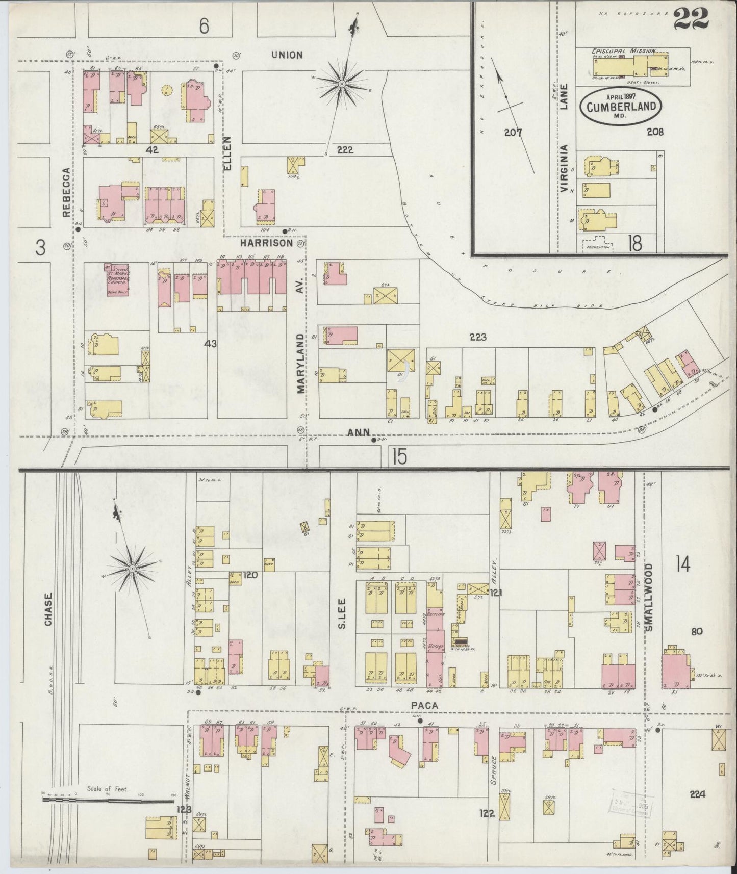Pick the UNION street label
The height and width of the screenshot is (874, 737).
click(x=287, y=55)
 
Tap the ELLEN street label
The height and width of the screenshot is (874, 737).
click(x=227, y=153)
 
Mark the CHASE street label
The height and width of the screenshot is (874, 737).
click(x=48, y=609)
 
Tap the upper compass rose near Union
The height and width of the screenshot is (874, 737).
click(x=342, y=83)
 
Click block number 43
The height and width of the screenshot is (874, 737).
click(x=211, y=344)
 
